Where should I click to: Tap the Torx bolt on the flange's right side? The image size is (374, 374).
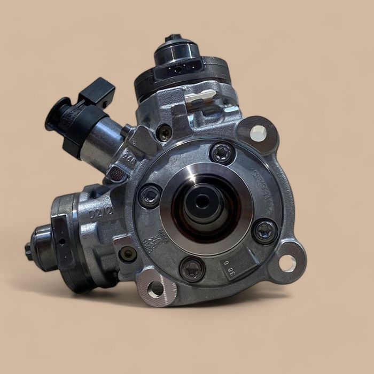click(265, 231)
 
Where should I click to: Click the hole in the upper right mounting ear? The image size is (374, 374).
click(258, 133)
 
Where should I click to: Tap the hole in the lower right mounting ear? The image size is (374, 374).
click(287, 263)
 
